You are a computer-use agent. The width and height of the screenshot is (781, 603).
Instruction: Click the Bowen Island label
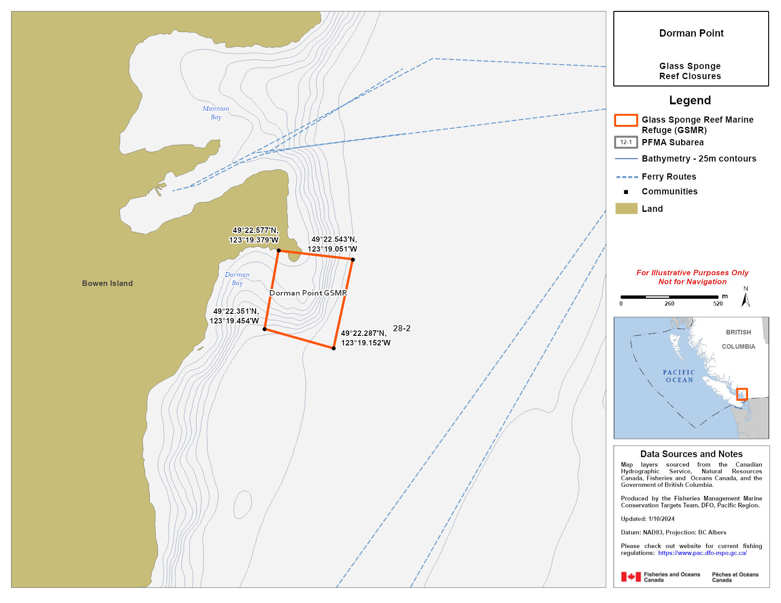pyautogui.click(x=107, y=283)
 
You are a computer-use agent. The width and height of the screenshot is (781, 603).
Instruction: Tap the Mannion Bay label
pyautogui.click(x=216, y=113)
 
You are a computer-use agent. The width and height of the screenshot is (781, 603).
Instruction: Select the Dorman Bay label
pyautogui.click(x=237, y=279)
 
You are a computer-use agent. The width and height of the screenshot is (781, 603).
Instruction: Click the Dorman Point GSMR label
pyautogui.click(x=308, y=293)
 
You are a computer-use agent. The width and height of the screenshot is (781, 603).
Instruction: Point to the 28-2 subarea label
pyautogui.click(x=402, y=328)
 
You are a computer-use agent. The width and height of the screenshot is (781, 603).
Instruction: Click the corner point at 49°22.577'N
pyautogui.click(x=279, y=250)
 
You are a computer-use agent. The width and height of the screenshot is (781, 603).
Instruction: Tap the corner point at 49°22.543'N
pyautogui.click(x=353, y=259)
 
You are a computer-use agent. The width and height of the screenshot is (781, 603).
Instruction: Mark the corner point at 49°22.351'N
pyautogui.click(x=264, y=329)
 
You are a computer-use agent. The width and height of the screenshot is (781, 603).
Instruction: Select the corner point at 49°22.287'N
pyautogui.click(x=333, y=349)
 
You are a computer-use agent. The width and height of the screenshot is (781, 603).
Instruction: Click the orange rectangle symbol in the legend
pyautogui.click(x=626, y=120)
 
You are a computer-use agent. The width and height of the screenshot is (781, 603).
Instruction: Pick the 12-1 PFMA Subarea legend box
pyautogui.click(x=626, y=142)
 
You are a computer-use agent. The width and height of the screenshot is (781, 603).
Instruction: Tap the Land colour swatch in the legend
pyautogui.click(x=626, y=209)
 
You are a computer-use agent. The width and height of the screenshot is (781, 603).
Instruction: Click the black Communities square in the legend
pyautogui.click(x=626, y=192)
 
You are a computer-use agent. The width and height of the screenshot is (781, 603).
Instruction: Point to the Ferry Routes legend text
pyautogui.click(x=669, y=177)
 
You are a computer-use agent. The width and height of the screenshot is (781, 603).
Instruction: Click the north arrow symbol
pyautogui.click(x=746, y=299)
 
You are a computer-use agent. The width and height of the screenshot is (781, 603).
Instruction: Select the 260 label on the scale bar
pyautogui.click(x=669, y=304)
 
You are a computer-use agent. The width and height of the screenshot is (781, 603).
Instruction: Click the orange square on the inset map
pyautogui.click(x=742, y=394)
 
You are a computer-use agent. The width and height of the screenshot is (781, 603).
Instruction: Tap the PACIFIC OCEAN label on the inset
pyautogui.click(x=679, y=376)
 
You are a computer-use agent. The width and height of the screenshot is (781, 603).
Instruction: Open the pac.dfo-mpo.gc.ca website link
pyautogui.click(x=702, y=553)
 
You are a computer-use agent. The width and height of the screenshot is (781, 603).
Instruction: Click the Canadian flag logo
pyautogui.click(x=631, y=577)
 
